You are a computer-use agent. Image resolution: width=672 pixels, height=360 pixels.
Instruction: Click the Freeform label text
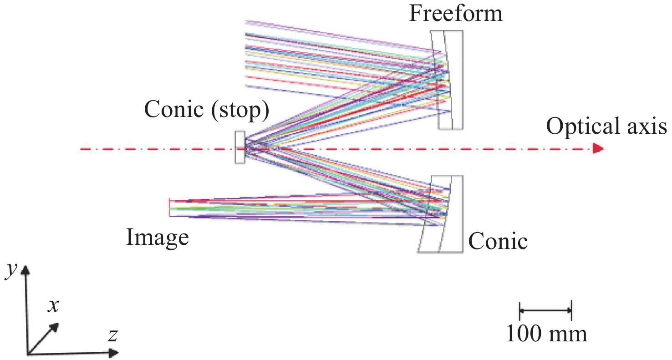pos(455,14)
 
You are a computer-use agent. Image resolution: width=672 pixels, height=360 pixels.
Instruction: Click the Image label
pos(157,237)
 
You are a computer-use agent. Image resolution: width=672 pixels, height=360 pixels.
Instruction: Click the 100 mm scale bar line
pos(545,310)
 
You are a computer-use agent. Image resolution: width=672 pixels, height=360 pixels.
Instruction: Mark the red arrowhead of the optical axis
pos(598,149)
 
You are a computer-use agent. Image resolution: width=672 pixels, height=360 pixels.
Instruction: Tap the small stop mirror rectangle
pos(239,147)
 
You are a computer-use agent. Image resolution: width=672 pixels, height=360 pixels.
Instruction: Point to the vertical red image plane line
pos(169,208)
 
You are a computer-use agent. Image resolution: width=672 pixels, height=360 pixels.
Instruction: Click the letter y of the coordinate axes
pos(9,271)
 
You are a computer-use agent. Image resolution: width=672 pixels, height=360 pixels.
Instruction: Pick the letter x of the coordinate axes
pos(54,306)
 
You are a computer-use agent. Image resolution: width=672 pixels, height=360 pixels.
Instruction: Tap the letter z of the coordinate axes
pos(112,336)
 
